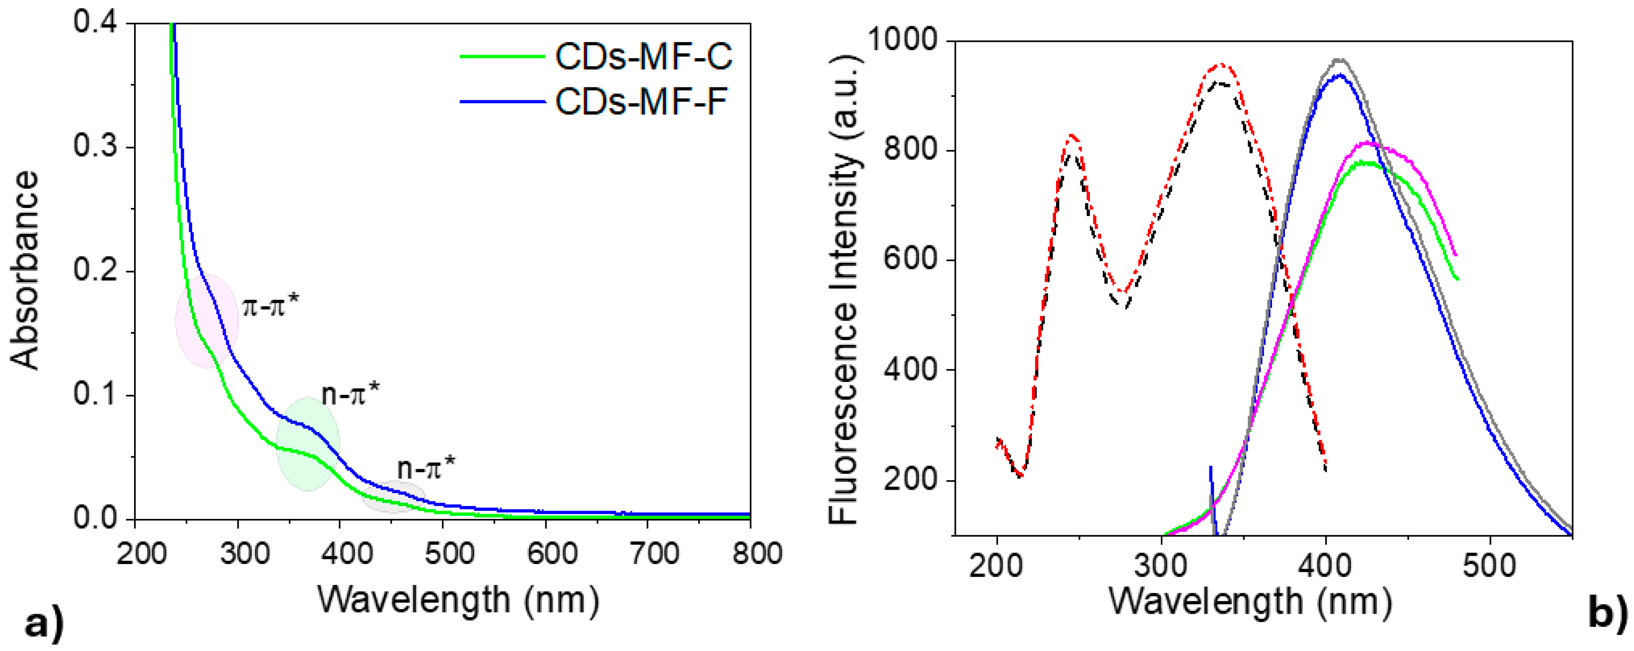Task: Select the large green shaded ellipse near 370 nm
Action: click(308, 444)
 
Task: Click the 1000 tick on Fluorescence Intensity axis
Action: click(901, 39)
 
